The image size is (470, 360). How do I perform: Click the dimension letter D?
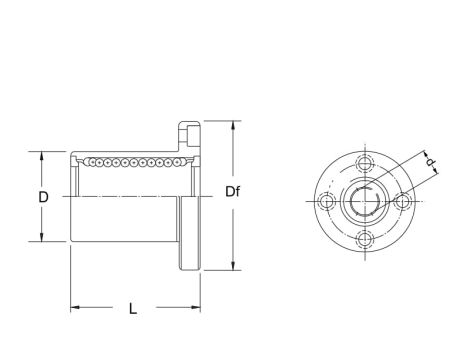[44, 197]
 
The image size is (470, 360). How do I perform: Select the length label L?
[134, 309]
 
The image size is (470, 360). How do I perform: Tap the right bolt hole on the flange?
[403, 201]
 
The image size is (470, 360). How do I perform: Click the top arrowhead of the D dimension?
[42, 155]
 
